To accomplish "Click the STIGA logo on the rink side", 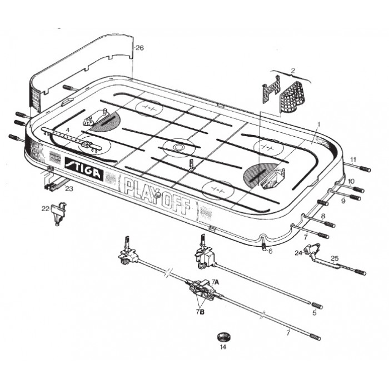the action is [84, 168].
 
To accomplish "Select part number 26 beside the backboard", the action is [139, 48].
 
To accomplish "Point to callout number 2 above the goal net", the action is [293, 70].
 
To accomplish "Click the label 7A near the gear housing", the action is [216, 282].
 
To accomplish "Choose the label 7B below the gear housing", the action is [200, 312].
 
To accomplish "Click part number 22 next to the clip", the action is [45, 208].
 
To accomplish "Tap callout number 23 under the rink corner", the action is [69, 189].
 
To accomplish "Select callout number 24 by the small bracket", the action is [298, 253].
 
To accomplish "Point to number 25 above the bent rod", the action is [335, 258].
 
